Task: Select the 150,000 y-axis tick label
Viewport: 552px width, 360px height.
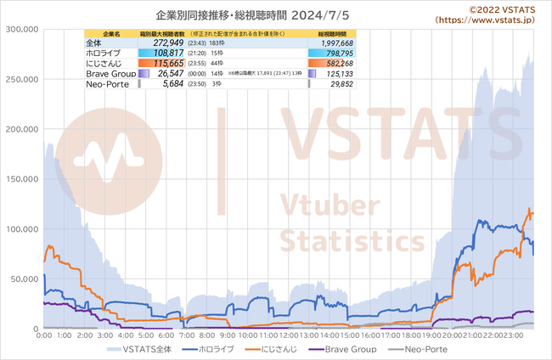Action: click(x=22, y=179)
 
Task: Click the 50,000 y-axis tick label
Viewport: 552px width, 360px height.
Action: click(x=25, y=278)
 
